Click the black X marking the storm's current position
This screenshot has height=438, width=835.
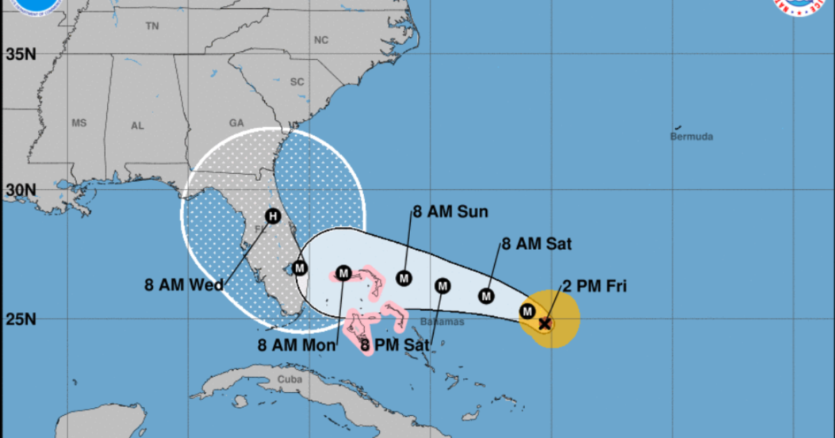[x=545, y=323]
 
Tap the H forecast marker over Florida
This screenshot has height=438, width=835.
[x=273, y=217]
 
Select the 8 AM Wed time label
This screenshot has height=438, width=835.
[x=184, y=284]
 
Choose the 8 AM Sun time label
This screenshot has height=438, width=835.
[x=450, y=212]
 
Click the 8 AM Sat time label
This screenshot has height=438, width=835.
[x=536, y=243]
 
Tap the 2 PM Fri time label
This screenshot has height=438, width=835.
[x=594, y=286]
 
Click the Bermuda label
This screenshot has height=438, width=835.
[x=691, y=137]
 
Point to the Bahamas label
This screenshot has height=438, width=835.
[x=443, y=322]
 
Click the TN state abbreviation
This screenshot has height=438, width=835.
[x=152, y=26]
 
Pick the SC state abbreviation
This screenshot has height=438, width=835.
[x=297, y=81]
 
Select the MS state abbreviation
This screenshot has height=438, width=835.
[x=79, y=123]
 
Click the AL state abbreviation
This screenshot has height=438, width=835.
[x=137, y=126]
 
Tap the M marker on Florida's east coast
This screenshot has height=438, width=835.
[x=300, y=267]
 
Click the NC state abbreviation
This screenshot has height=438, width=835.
[x=320, y=40]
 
